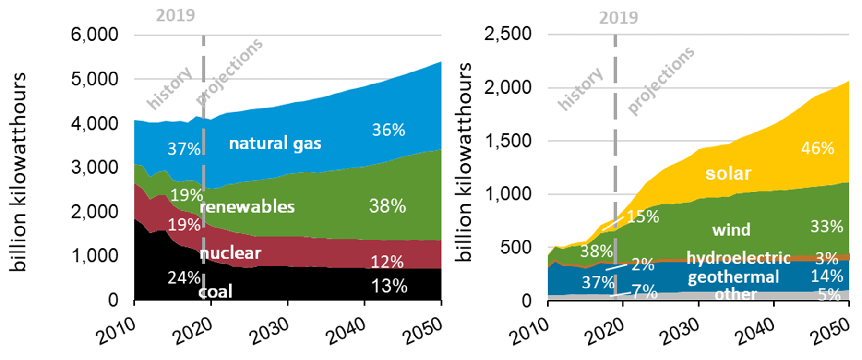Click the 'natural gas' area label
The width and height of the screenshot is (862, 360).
click(275, 144)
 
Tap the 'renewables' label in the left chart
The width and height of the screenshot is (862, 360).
click(247, 207)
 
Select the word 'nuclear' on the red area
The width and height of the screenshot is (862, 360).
click(230, 253)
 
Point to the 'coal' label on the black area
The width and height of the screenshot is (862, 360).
click(215, 291)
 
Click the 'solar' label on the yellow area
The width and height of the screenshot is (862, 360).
click(728, 173)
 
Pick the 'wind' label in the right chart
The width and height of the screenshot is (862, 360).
click(731, 229)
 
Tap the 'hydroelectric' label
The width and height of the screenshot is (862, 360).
click(738, 258)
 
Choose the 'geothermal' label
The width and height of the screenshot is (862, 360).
click(733, 277)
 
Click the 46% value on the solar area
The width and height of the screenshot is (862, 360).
click(817, 148)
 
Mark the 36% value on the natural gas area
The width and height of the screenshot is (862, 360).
click(388, 130)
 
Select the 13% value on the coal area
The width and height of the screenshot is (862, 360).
click(389, 287)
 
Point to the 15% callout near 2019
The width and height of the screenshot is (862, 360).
click(643, 217)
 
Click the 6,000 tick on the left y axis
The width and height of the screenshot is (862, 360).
click(94, 35)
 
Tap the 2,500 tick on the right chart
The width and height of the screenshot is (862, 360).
click(508, 34)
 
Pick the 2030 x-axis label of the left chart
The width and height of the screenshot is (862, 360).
click(270, 331)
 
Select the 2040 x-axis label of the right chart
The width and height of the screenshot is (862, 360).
click(755, 331)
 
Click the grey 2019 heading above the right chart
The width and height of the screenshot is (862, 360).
click(618, 18)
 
